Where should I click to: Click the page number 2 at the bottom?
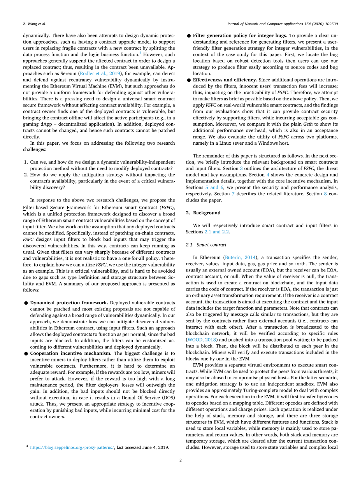coord(180,461)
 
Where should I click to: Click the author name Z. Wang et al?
coord(32,24)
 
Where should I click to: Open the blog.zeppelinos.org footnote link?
coord(72,447)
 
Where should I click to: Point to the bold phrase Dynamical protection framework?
coord(69,302)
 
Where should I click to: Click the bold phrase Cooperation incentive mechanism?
coord(71,353)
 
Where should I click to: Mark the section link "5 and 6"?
coord(214,187)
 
